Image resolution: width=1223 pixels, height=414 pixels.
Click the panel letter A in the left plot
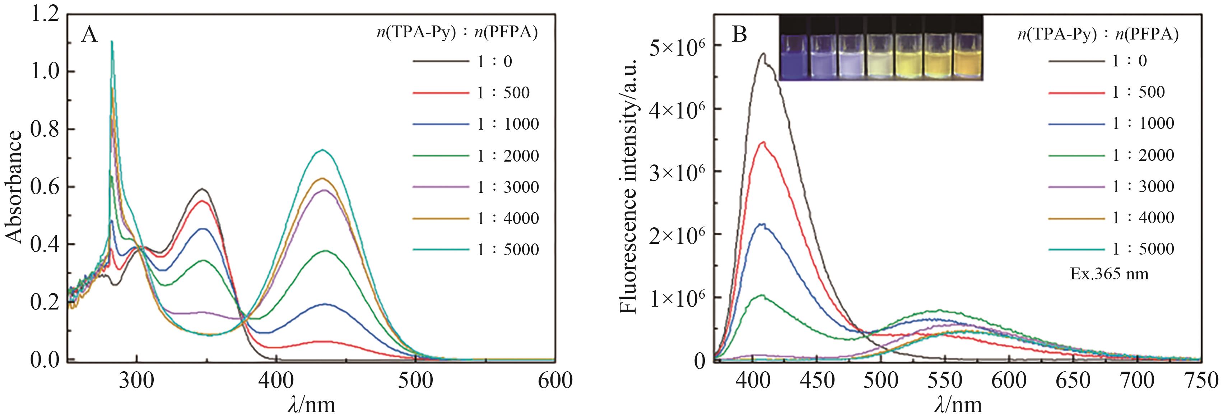[89, 35]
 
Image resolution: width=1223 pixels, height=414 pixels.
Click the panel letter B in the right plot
[740, 35]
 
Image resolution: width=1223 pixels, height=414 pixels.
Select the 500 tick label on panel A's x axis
[416, 381]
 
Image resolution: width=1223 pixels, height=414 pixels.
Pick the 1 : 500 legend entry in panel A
[503, 93]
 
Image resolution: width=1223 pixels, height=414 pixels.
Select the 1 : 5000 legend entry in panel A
[508, 250]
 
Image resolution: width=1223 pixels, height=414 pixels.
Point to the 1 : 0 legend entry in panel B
[1130, 61]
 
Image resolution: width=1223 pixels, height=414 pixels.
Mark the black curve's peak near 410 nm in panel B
[763, 54]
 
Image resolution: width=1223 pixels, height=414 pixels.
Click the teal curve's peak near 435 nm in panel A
[323, 150]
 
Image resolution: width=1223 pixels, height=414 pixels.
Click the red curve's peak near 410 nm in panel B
[763, 142]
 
